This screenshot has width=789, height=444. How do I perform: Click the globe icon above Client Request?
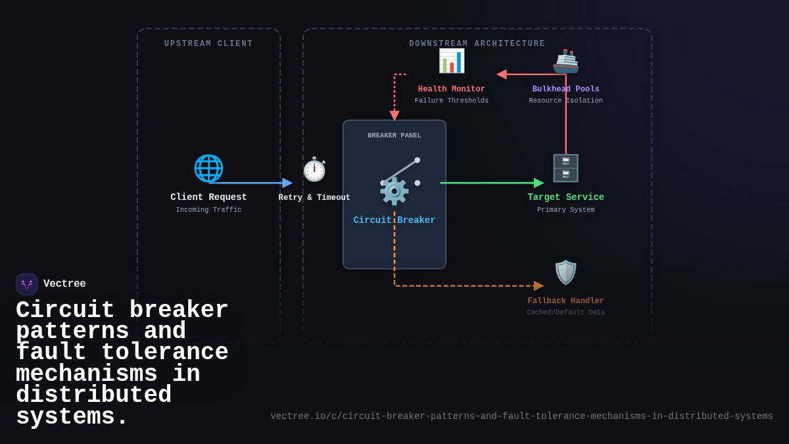click(208, 168)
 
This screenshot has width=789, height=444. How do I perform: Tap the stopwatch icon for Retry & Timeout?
click(314, 169)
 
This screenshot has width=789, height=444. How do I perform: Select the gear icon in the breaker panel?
click(394, 191)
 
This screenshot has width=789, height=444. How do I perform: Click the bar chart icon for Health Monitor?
click(452, 61)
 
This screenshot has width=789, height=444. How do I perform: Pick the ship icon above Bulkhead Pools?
click(565, 61)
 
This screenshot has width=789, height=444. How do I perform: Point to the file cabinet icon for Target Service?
click(565, 168)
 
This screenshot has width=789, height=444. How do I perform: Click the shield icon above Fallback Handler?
click(565, 272)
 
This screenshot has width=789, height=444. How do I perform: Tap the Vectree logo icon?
click(27, 284)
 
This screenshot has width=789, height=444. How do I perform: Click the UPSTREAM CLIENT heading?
click(208, 44)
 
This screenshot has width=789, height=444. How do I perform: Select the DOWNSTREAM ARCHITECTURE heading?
click(477, 44)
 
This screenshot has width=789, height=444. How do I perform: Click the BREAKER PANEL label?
click(394, 136)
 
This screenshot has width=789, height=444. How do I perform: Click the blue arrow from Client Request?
click(250, 183)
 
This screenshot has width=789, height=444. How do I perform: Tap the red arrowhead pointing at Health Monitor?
click(502, 74)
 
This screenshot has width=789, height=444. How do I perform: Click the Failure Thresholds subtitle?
click(452, 101)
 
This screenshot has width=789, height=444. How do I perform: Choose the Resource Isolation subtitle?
click(565, 101)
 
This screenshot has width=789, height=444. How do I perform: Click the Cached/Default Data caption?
click(565, 312)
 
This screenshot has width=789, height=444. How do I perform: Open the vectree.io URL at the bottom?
click(521, 416)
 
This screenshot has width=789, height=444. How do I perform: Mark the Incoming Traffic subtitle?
click(208, 210)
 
